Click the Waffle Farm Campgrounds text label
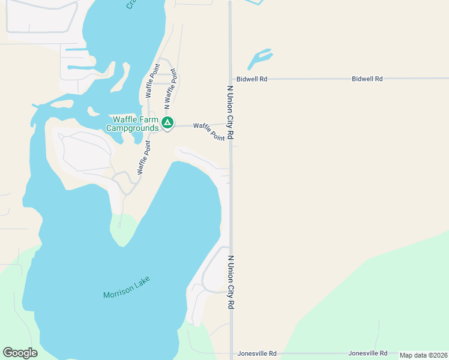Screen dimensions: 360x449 coord(133,123)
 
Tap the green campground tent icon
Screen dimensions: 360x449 coord(167,124)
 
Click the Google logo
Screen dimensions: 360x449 coord(20,353)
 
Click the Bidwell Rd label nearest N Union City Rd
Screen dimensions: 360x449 coord(252,79)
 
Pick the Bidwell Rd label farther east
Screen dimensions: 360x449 coord(367,79)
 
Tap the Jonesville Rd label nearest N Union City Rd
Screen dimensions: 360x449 coord(257,353)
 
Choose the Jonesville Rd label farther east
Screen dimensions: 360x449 coord(368,353)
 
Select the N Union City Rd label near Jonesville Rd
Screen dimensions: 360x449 coord(231,282)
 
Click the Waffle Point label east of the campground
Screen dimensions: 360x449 coord(209,130)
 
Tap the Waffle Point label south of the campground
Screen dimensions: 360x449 coord(143,158)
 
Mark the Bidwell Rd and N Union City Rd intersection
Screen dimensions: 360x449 coord(231,79)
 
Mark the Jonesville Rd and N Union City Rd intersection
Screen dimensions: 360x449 coord(231,353)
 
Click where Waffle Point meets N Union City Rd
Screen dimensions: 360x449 coord(231,124)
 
